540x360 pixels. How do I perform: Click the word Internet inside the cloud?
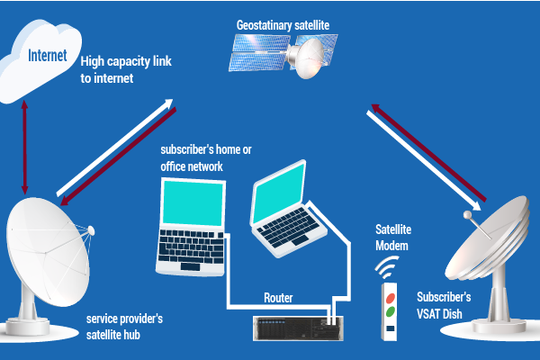pyautogui.click(x=48, y=56)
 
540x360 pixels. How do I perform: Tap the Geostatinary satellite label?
pyautogui.click(x=283, y=25)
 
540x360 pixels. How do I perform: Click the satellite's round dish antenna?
pyautogui.click(x=307, y=58)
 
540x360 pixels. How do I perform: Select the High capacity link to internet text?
pyautogui.click(x=126, y=69)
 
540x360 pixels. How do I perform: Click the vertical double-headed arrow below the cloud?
pyautogui.click(x=24, y=148)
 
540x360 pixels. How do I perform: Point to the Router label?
pyautogui.click(x=278, y=298)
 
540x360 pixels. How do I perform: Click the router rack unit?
pyautogui.click(x=298, y=328)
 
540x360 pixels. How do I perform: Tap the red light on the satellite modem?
pyautogui.click(x=391, y=298)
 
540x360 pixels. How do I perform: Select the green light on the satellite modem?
pyautogui.click(x=391, y=312)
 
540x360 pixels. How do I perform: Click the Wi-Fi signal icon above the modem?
pyautogui.click(x=386, y=267)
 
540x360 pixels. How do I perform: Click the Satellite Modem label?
pyautogui.click(x=393, y=238)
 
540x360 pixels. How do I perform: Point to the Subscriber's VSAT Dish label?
pyautogui.click(x=444, y=306)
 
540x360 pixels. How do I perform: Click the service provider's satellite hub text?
pyautogui.click(x=124, y=327)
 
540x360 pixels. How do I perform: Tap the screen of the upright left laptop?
pyautogui.click(x=193, y=203)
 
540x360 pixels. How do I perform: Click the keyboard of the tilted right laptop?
pyautogui.click(x=289, y=228)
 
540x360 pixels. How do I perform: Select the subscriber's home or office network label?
pyautogui.click(x=206, y=158)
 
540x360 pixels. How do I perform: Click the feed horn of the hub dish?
pyautogui.click(x=91, y=229)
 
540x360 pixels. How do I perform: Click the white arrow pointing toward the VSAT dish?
pyautogui.click(x=424, y=160)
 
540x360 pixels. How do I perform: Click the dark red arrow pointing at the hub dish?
pyautogui.click(x=118, y=157)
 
